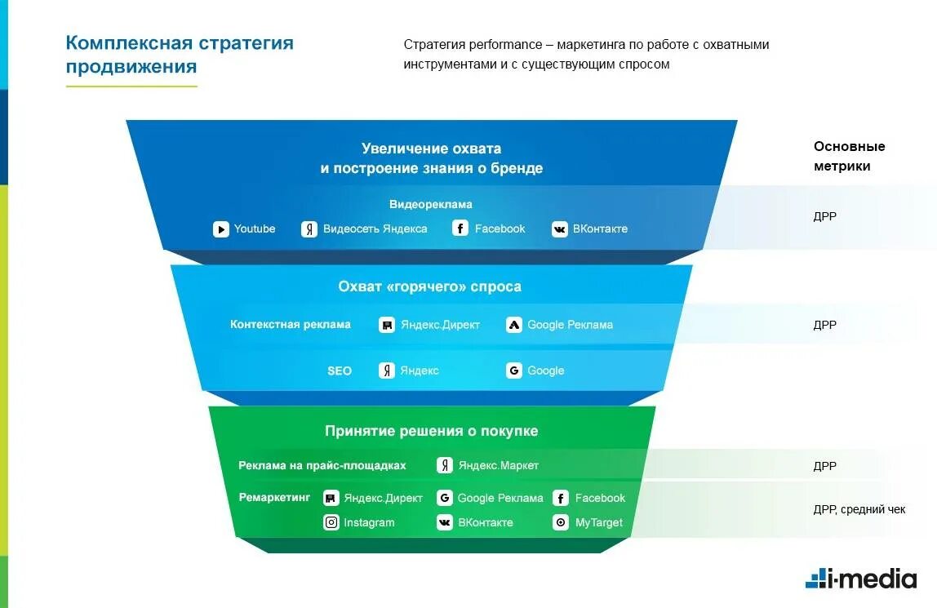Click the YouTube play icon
tap(221, 229)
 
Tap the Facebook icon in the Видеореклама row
tap(460, 229)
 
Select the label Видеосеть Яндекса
tap(375, 229)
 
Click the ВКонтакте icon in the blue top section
tap(559, 229)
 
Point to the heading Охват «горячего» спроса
tap(429, 287)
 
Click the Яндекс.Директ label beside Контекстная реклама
tap(440, 325)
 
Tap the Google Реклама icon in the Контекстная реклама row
tap(514, 325)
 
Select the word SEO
tap(340, 371)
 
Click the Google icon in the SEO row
tap(514, 371)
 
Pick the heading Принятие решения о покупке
tap(431, 431)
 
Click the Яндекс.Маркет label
tap(498, 466)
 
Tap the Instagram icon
tap(331, 523)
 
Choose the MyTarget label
tap(598, 523)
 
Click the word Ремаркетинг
tap(274, 497)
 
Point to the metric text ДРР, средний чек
tap(859, 510)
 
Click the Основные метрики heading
tap(849, 156)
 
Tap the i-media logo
tap(860, 578)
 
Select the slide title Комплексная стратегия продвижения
tap(180, 55)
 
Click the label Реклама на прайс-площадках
tap(322, 466)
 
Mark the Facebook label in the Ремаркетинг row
tap(600, 499)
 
